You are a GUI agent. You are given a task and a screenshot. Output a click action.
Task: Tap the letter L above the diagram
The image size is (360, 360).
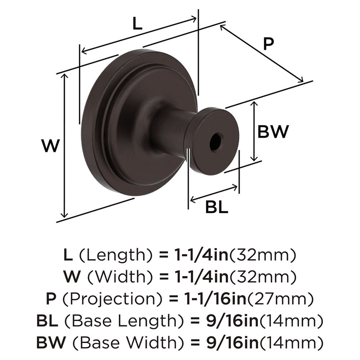click(138, 24)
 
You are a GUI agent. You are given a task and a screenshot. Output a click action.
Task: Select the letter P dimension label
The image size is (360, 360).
click(268, 44)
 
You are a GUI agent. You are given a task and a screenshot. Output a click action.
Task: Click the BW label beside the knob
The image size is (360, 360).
click(273, 132)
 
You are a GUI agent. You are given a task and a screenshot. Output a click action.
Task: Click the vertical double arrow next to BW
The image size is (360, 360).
click(255, 131)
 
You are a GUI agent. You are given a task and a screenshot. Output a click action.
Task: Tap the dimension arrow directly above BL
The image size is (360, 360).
click(214, 193)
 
